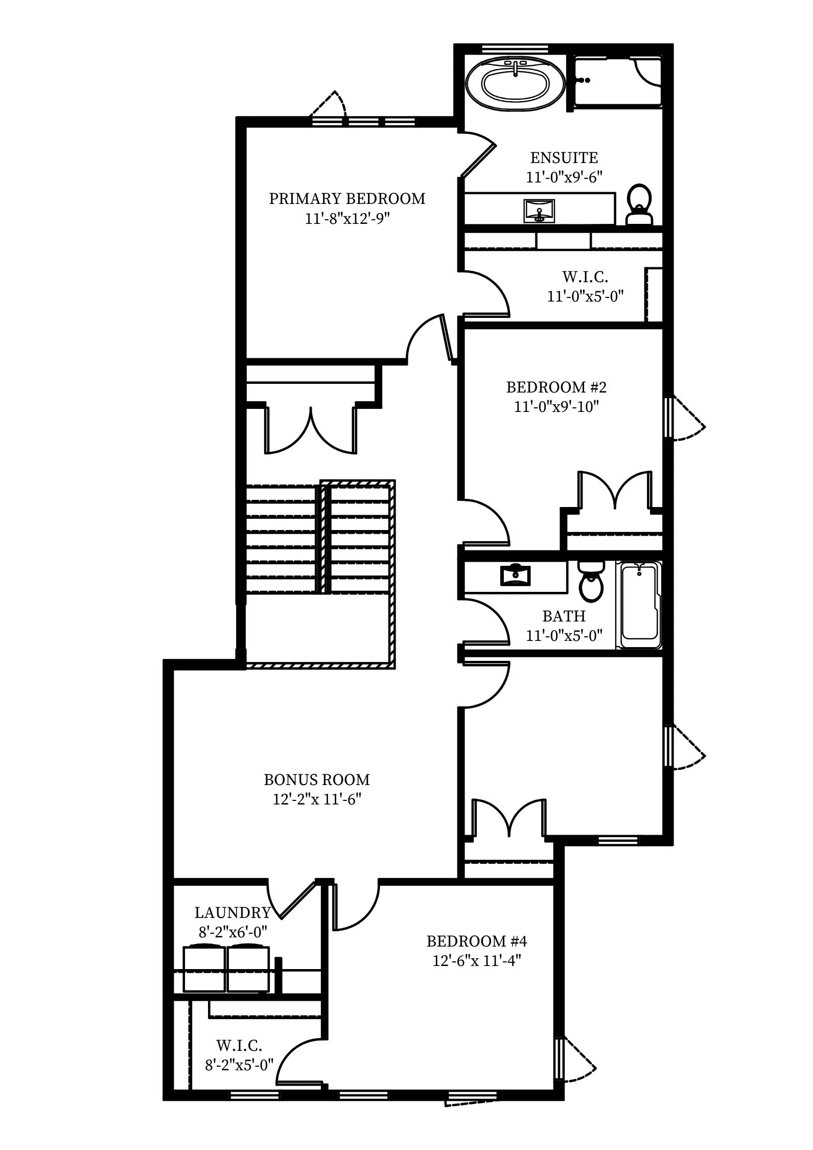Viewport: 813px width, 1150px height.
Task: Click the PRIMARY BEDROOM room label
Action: point(347,198)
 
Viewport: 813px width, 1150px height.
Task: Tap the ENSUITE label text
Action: point(564,157)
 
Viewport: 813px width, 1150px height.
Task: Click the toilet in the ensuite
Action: point(639,205)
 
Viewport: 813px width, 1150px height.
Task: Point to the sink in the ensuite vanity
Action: point(539,211)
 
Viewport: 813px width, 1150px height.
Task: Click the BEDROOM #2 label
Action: point(556,387)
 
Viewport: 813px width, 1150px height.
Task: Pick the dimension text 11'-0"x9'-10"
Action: point(556,407)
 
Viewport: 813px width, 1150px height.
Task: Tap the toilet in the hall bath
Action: point(591,581)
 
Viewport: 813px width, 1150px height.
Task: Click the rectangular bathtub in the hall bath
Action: point(639,605)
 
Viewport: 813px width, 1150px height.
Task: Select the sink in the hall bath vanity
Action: point(515,575)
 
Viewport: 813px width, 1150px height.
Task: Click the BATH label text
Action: point(564,616)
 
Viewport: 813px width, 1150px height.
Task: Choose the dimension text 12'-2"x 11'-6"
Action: point(317,799)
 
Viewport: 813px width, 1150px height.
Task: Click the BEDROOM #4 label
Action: point(477,941)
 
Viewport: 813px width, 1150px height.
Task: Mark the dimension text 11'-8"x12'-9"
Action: point(347,218)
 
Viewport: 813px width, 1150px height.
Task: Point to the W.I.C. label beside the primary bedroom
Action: point(585,277)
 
